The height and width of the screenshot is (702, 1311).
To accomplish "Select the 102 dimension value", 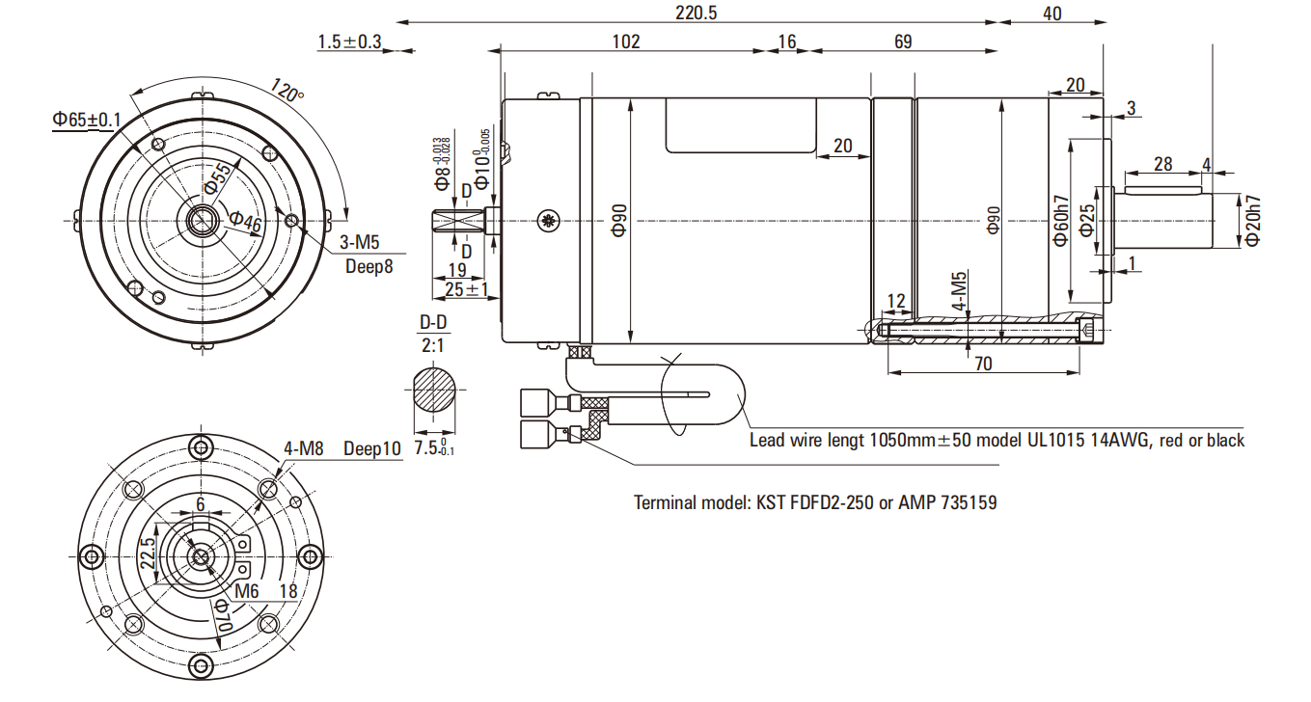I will [626, 41].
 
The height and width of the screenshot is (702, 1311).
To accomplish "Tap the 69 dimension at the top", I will [903, 41].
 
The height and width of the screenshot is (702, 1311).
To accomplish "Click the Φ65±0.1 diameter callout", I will [87, 120].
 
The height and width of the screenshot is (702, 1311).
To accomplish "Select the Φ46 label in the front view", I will [245, 222].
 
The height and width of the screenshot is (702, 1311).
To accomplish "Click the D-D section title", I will [433, 322].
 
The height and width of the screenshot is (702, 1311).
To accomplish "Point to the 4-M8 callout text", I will [304, 448].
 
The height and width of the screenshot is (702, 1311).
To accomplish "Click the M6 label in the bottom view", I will [247, 590].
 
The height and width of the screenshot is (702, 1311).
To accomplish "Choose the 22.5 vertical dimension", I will [148, 556].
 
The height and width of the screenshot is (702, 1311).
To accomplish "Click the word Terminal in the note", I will [666, 502].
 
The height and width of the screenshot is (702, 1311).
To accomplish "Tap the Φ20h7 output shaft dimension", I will [1252, 221].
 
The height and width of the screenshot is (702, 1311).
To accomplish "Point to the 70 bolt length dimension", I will [982, 364].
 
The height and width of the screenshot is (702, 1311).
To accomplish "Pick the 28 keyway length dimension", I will [1162, 164].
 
